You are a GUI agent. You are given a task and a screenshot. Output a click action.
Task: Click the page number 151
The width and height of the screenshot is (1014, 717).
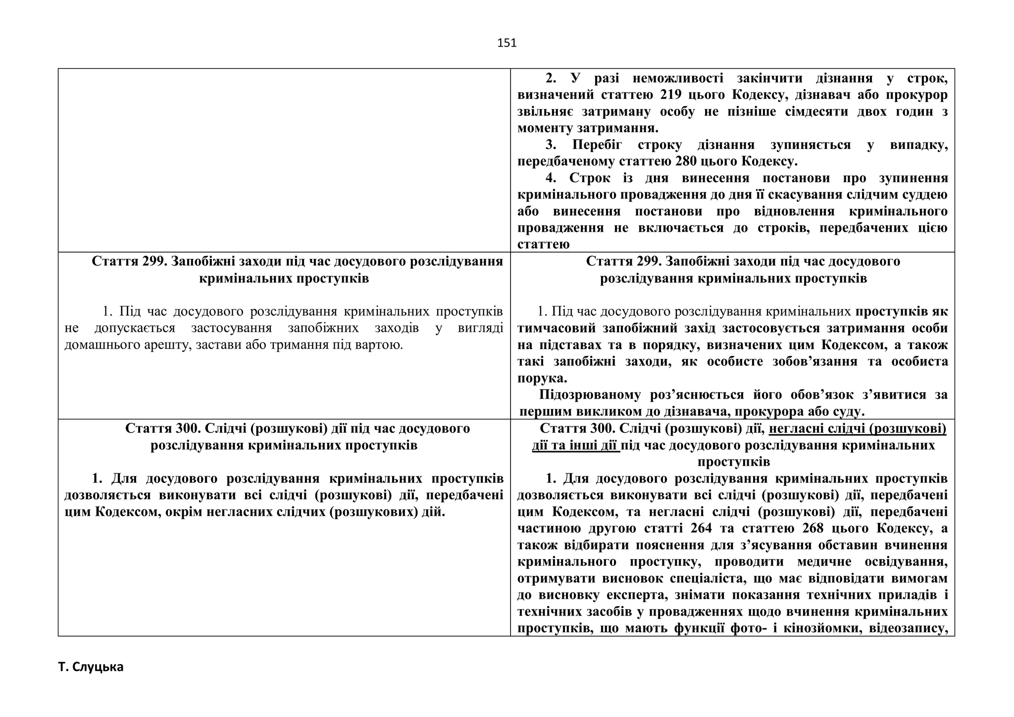point(507,43)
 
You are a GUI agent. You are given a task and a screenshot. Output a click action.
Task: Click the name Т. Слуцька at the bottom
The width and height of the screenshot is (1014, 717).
point(91,667)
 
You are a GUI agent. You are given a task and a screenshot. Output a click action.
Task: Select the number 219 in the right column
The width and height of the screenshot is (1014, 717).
point(671,95)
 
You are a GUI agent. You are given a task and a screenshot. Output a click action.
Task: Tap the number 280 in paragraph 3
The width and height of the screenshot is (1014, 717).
point(682,161)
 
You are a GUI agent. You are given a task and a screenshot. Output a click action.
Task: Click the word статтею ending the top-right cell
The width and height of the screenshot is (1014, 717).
point(543,245)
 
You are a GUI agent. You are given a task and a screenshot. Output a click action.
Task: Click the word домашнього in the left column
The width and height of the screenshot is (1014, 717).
point(96,345)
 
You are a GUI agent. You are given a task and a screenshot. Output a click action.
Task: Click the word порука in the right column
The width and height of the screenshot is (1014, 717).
point(541,378)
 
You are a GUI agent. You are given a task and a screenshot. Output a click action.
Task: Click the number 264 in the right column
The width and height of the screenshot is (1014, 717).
point(701,528)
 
